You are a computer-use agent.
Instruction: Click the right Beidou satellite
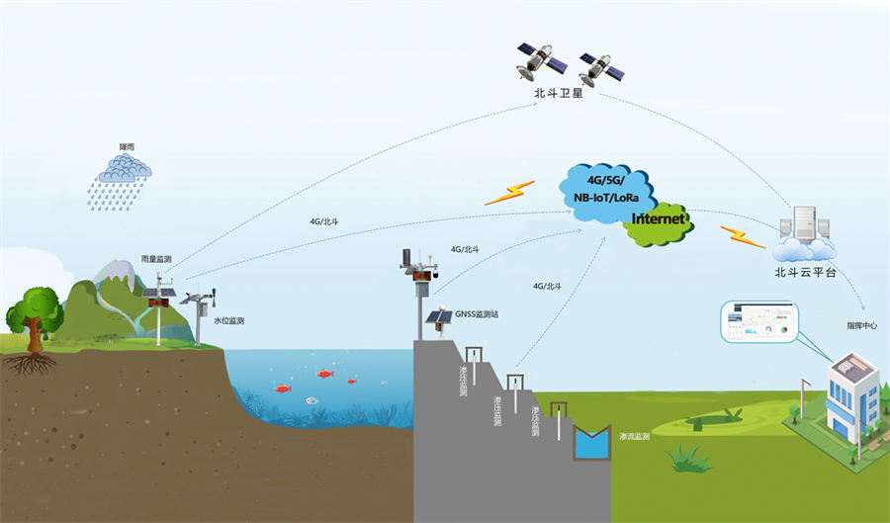(601, 68)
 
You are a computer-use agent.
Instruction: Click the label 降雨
(127, 147)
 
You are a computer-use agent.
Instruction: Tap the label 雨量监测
(156, 259)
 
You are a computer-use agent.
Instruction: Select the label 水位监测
(228, 320)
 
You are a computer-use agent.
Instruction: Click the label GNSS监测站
(476, 313)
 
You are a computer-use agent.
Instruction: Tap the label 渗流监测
(634, 435)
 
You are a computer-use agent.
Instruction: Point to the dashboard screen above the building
(758, 321)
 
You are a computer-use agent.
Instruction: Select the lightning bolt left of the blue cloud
(508, 192)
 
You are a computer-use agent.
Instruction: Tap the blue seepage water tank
(593, 443)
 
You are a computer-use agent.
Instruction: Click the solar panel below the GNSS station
(437, 319)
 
